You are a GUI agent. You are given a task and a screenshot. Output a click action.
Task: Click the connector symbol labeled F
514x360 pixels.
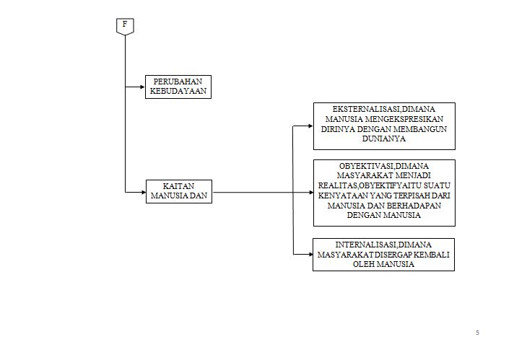coord(125,26)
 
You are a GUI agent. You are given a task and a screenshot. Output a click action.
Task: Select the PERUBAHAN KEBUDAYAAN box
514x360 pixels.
coord(178,87)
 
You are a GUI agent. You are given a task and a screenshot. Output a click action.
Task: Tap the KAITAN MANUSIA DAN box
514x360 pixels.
coord(178,192)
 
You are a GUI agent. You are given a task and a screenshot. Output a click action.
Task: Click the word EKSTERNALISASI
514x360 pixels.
coord(353,109)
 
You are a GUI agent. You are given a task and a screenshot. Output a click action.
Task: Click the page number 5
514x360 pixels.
coord(477,332)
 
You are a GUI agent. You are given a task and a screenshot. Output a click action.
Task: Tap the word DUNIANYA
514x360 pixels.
coord(383,139)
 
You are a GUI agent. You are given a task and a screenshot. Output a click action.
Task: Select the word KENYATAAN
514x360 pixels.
coord(342,195)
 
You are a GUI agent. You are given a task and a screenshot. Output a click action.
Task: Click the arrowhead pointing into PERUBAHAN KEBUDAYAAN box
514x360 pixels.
coord(142,87)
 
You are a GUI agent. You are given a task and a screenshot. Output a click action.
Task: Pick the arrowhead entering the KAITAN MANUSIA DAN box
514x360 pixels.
coord(142,192)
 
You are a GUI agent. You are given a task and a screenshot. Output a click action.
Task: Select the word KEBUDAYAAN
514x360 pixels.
coord(178,92)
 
